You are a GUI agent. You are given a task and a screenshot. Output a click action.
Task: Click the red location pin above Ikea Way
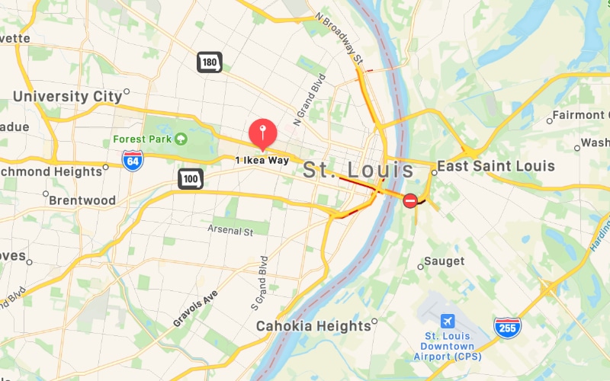coord(263,133)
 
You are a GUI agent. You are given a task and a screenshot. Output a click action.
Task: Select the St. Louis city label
coord(358,170)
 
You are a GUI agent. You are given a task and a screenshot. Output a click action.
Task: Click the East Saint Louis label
coord(495,166)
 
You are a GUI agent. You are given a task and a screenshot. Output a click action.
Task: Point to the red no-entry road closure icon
coord(410,201)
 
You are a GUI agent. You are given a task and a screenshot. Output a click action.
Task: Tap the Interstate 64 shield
coord(132,160)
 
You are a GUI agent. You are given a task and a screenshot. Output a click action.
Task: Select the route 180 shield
coord(209,62)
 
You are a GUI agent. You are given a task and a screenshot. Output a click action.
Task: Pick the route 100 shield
coord(190,180)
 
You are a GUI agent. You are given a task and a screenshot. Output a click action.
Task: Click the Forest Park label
coord(143,139)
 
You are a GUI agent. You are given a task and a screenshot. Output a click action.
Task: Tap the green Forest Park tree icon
coord(181,139)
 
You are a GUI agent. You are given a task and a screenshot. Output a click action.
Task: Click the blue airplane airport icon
coord(447,319)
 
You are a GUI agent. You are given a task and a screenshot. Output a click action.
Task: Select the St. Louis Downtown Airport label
coord(454,346)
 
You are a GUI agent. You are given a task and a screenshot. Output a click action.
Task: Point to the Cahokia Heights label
coord(313,326)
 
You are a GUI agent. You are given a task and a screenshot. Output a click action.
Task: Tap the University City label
coord(67,97)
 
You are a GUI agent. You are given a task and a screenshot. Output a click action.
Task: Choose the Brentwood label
coord(82,201)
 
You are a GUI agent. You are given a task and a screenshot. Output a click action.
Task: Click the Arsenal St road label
coord(230,229)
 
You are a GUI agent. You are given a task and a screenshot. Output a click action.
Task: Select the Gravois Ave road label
coord(195,309)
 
